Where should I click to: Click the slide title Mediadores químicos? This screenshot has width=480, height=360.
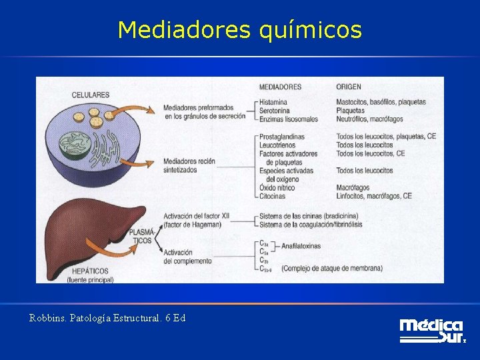pos(239,30)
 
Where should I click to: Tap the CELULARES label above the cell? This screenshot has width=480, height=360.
pos(90,95)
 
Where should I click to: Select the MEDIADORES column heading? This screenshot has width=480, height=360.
pos(279,87)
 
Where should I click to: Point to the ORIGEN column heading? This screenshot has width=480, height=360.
pos(349,87)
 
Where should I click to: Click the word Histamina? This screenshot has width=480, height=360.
pos(273,102)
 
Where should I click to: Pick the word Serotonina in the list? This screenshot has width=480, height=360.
pos(275,111)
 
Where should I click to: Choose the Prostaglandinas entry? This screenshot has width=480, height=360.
pos(282,137)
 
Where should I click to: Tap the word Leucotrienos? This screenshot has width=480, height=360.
pos(279,145)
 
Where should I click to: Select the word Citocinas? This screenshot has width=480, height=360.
pos(273,196)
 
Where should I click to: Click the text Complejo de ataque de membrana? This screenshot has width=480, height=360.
pos(332,269)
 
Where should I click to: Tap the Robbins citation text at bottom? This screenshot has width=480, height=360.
pos(107,318)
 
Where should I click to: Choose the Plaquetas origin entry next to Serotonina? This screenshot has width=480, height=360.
pos(350,111)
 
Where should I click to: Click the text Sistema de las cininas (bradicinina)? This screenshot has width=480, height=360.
pos(309,215)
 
